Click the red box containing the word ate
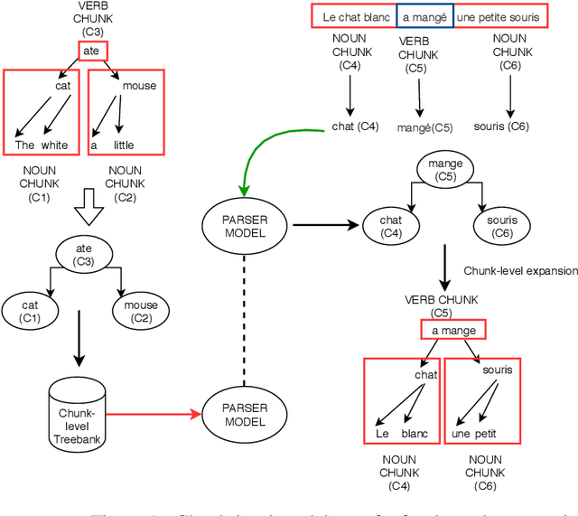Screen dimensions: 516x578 [91, 52]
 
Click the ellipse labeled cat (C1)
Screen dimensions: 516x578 [31, 312]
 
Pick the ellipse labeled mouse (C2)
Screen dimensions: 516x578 [141, 312]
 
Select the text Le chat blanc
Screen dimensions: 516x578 [353, 15]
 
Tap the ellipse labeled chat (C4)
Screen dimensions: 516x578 [390, 227]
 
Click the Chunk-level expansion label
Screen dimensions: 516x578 [519, 270]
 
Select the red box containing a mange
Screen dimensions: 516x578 [452, 331]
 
